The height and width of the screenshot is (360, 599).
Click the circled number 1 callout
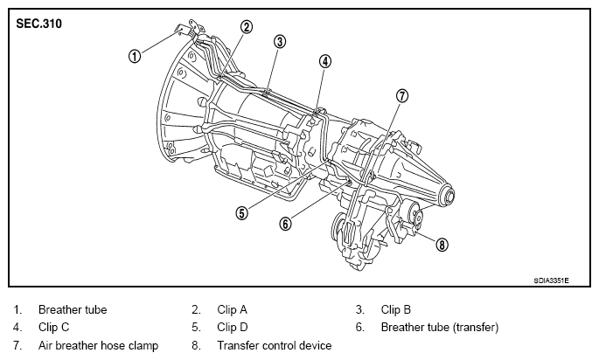[x=135, y=57]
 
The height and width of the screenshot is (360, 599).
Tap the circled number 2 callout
[x=247, y=27]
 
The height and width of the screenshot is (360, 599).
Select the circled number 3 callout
[x=280, y=41]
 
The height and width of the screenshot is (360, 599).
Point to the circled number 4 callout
[x=324, y=61]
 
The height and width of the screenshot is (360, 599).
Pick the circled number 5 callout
[x=241, y=212]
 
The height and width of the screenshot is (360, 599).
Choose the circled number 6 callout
[x=285, y=224]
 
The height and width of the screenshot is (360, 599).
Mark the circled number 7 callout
[x=402, y=95]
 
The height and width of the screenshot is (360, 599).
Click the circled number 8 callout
[x=442, y=245]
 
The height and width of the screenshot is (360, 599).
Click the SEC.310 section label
[x=38, y=24]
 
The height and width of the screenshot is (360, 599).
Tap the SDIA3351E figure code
[x=551, y=280]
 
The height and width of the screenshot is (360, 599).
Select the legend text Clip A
[x=233, y=309]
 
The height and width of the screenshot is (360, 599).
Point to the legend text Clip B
[x=396, y=309]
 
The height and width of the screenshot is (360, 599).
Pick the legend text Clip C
[x=54, y=327]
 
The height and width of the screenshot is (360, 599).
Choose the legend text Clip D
[x=233, y=327]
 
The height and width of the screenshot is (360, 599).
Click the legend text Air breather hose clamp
[x=98, y=345]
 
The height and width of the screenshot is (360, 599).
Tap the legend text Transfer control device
[x=275, y=345]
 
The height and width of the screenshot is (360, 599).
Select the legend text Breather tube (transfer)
[x=440, y=328]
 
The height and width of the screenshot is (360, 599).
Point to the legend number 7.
[x=17, y=345]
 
